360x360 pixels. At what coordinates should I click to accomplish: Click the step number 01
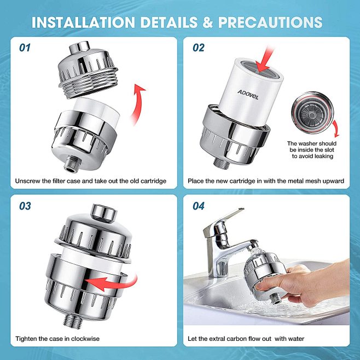tap(25, 48)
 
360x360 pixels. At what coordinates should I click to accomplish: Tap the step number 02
tap(198, 48)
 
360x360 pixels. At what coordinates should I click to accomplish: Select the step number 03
tap(25, 206)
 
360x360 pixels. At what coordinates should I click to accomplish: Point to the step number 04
tap(198, 206)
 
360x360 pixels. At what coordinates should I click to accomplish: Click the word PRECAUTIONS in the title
tap(270, 22)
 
